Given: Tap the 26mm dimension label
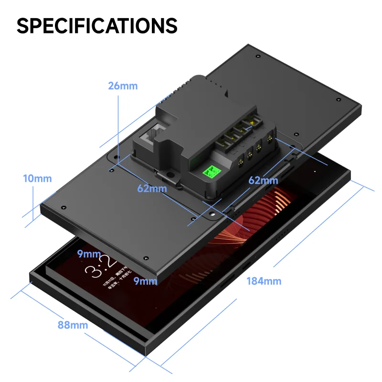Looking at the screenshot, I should click(x=123, y=86).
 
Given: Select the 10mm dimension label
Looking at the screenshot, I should click(x=37, y=179).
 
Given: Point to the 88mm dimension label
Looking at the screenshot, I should click(x=73, y=325).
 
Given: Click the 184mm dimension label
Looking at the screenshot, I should click(x=264, y=281).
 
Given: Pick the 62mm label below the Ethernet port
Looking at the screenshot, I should click(x=152, y=188).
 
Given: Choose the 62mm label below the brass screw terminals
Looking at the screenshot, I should click(x=263, y=180).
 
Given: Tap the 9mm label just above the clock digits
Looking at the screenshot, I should click(x=89, y=254).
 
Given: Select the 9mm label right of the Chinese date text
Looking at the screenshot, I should click(x=145, y=281).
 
